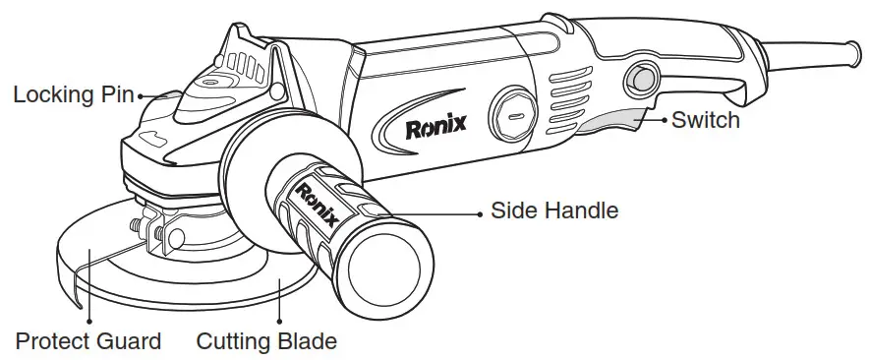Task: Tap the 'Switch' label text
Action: pos(706,121)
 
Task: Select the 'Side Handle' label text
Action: pos(554,210)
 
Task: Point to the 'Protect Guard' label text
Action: pos(87,342)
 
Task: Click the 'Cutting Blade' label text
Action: pos(266,342)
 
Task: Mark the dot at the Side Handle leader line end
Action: pos(480,211)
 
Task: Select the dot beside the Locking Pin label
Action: pos(141,96)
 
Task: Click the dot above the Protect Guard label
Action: pos(88,320)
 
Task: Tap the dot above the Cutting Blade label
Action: pos(279,320)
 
